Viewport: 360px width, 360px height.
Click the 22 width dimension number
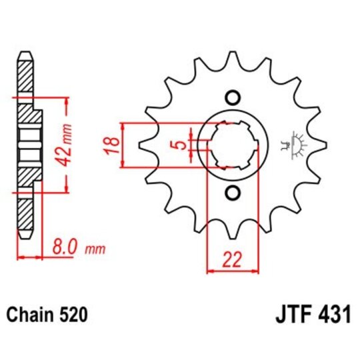tap(232, 258)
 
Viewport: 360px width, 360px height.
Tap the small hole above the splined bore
tap(232, 97)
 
